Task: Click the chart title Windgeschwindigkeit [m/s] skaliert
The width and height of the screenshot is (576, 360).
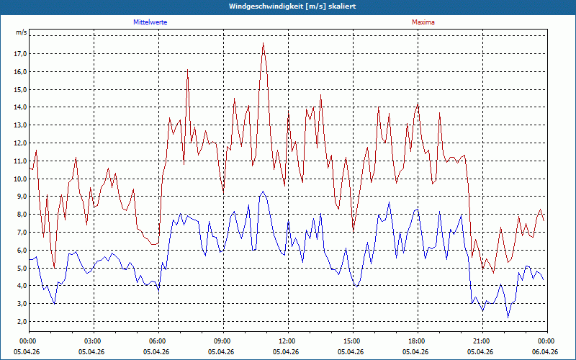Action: click(292, 6)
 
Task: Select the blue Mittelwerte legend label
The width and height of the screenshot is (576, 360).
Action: click(150, 22)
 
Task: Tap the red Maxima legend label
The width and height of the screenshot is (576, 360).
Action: click(423, 22)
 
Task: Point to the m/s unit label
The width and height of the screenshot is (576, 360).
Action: click(22, 32)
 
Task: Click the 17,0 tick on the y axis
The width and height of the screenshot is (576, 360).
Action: click(21, 53)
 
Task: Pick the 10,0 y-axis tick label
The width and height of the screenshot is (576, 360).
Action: click(21, 179)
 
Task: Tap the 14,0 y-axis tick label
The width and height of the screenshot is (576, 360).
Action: click(21, 107)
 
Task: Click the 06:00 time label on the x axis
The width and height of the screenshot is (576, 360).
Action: click(158, 341)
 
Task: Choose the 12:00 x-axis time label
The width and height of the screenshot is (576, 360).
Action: click(288, 341)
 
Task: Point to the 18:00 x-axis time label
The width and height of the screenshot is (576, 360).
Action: click(418, 341)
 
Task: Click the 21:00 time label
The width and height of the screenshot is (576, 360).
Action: click(482, 341)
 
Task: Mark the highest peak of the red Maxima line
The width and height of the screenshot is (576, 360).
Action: click(263, 43)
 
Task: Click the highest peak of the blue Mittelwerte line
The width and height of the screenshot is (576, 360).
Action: click(263, 192)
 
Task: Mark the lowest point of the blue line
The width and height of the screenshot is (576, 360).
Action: click(508, 318)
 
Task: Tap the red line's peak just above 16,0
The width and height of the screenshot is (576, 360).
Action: click(187, 69)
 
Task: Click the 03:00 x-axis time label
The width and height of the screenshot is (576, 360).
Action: click(94, 341)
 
